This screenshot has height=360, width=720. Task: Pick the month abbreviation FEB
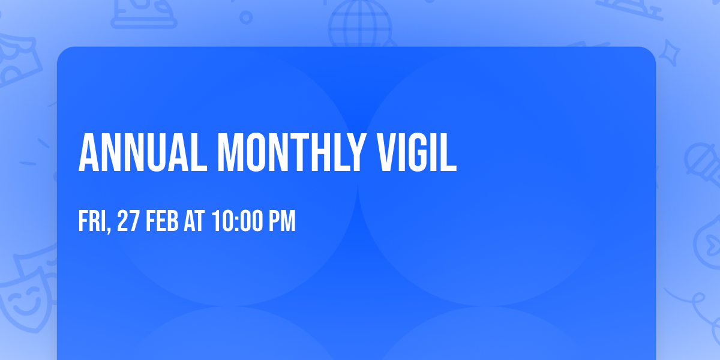tap(163, 221)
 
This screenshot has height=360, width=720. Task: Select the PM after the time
tap(282, 221)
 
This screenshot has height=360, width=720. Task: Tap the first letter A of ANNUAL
tap(89, 152)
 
